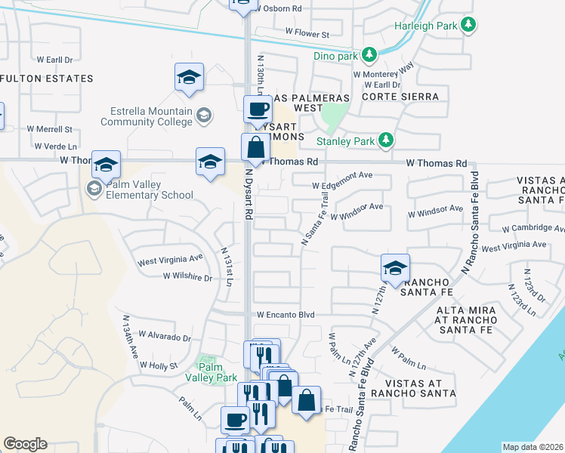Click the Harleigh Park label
pyautogui.click(x=427, y=26)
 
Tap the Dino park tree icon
pyautogui.click(x=369, y=54)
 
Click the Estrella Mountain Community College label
pyautogui.click(x=147, y=116)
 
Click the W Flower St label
pyautogui.click(x=307, y=34)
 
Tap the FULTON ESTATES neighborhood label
pyautogui.click(x=47, y=79)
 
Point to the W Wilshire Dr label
pyautogui.click(x=187, y=277)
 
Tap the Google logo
pyautogui.click(x=25, y=443)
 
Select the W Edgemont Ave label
pyautogui.click(x=343, y=175)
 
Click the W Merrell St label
pyautogui.click(x=49, y=130)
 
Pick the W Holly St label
pyautogui.click(x=158, y=365)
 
